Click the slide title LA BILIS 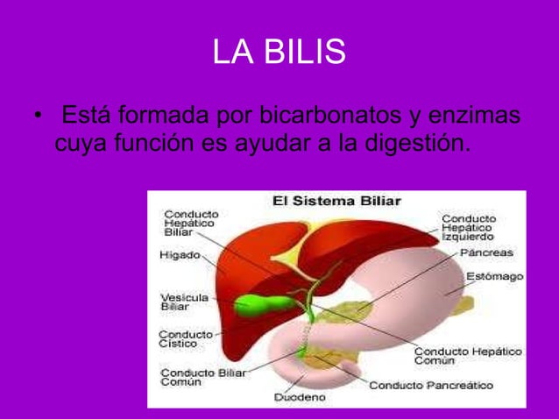click(x=279, y=54)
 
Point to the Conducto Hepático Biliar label click(x=191, y=223)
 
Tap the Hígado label click(x=179, y=256)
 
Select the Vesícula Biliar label click(x=184, y=302)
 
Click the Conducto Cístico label click(x=185, y=338)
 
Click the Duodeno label click(x=300, y=397)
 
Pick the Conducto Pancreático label click(x=430, y=384)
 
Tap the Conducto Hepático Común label click(x=467, y=356)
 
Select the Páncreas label click(x=485, y=252)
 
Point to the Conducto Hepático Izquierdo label click(x=467, y=227)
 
